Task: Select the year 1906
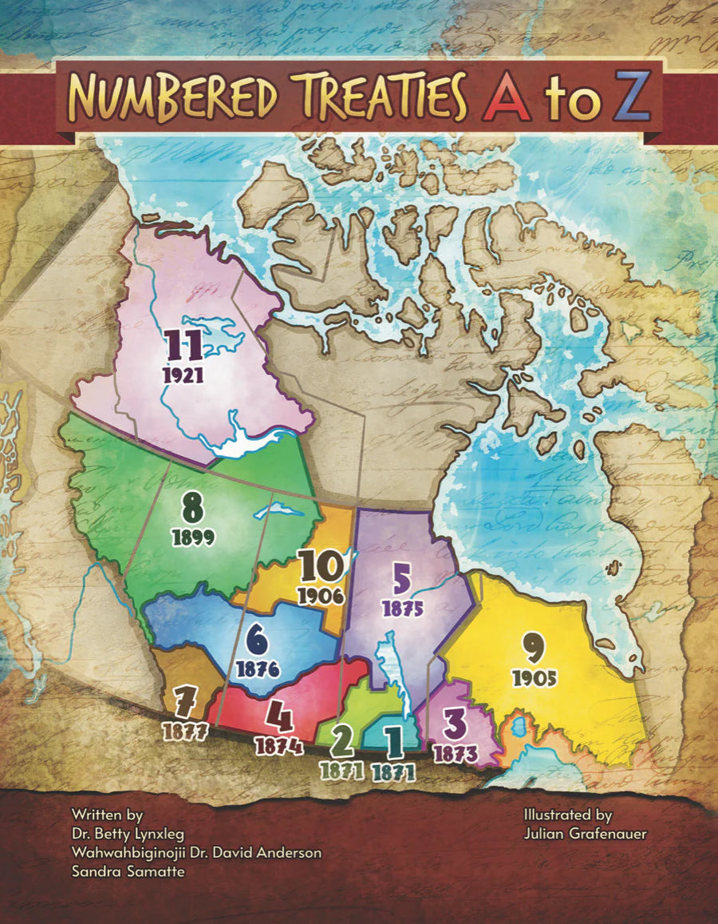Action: (x=321, y=595)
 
